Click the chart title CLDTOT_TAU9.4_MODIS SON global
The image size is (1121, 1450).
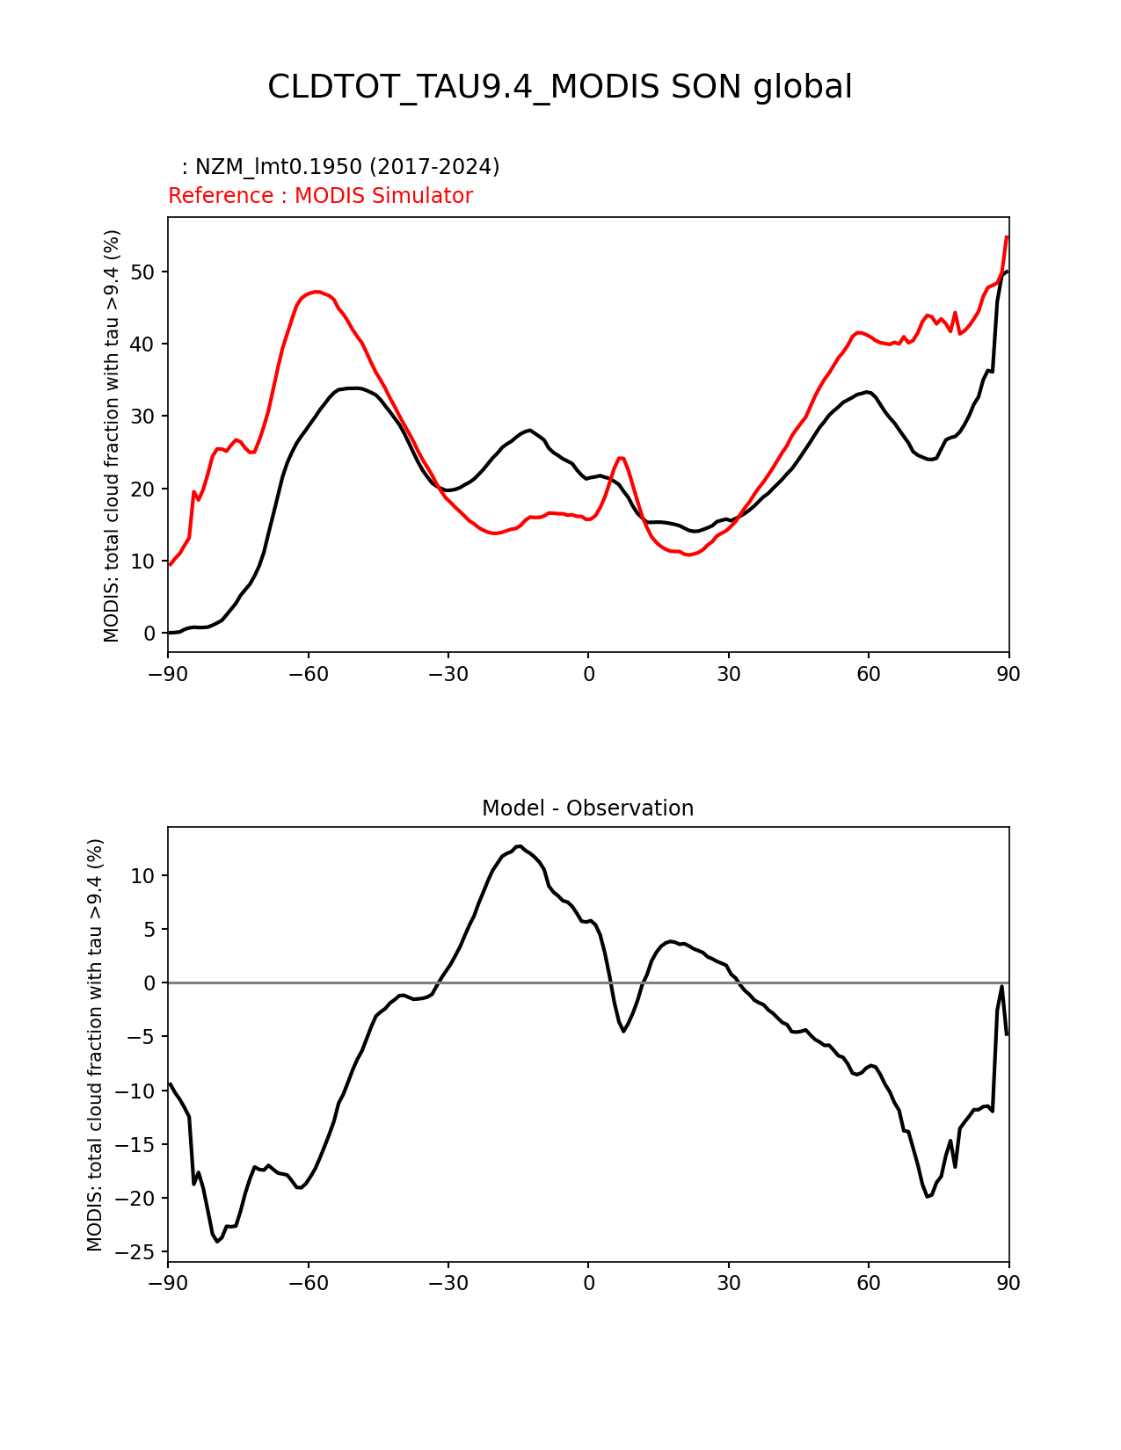pyautogui.click(x=559, y=87)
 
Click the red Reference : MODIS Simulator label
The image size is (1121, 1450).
pyautogui.click(x=320, y=196)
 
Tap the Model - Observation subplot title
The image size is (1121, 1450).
pyautogui.click(x=587, y=808)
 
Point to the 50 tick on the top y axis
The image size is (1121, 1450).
pyautogui.click(x=143, y=272)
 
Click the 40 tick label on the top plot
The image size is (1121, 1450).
pyautogui.click(x=143, y=344)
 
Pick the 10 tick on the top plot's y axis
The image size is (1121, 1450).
pyautogui.click(x=143, y=561)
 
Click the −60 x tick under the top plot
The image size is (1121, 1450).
pyautogui.click(x=308, y=674)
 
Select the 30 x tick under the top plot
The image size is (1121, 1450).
pyautogui.click(x=728, y=674)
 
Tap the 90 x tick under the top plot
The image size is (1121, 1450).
pyautogui.click(x=1008, y=674)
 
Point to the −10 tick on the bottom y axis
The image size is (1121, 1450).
pyautogui.click(x=136, y=1091)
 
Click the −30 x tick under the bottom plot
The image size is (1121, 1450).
pyautogui.click(x=448, y=1283)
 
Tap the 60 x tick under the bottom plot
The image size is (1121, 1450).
pyautogui.click(x=868, y=1283)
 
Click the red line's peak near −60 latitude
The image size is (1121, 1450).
pyautogui.click(x=317, y=292)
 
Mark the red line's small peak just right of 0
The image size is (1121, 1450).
pyautogui.click(x=621, y=458)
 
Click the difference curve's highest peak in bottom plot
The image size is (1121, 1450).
pyautogui.click(x=519, y=846)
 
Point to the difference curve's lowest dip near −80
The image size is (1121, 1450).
pyautogui.click(x=217, y=1241)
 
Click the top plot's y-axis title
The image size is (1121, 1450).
pyautogui.click(x=112, y=435)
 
